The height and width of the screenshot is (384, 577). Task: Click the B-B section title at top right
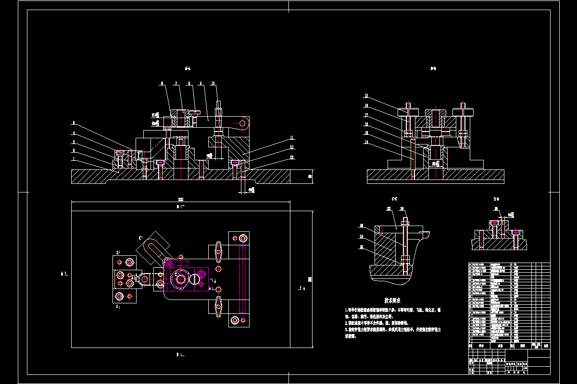click(433, 69)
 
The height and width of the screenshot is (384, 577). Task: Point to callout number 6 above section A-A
click(162, 84)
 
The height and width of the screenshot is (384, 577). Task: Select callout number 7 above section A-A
click(176, 84)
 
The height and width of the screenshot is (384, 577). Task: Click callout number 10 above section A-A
click(213, 84)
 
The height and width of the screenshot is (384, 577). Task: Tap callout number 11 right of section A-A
click(291, 138)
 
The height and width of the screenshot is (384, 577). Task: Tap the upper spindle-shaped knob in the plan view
click(219, 251)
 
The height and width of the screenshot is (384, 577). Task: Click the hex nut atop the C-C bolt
click(406, 222)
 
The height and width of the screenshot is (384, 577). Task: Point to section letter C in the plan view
click(140, 238)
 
